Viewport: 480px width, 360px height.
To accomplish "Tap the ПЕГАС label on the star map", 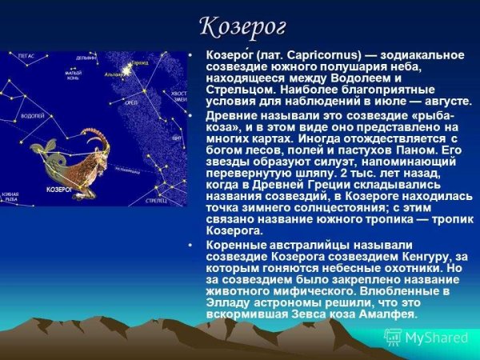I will click(x=26, y=57).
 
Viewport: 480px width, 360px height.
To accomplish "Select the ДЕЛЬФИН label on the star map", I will click(x=86, y=58).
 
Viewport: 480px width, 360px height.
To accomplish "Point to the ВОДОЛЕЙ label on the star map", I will click(x=33, y=116).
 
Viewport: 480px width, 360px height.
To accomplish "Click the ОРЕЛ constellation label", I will click(x=131, y=102).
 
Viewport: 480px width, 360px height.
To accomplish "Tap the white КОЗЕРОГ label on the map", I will click(x=60, y=190).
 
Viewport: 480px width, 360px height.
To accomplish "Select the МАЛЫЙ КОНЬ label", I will click(x=73, y=75).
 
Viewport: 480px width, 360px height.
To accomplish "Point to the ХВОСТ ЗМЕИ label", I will click(x=178, y=95).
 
